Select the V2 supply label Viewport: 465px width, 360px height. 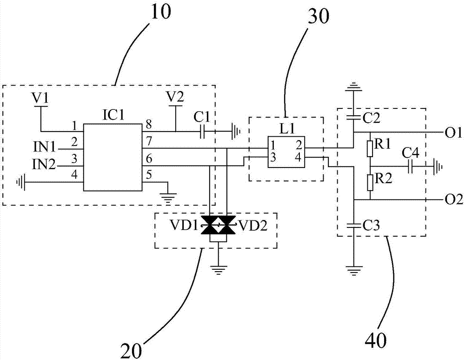point(176,98)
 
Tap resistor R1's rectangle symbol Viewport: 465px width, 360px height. point(370,149)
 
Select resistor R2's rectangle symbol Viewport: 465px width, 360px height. point(370,183)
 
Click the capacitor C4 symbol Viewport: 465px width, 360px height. point(410,166)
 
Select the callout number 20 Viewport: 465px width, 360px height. point(133,347)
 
